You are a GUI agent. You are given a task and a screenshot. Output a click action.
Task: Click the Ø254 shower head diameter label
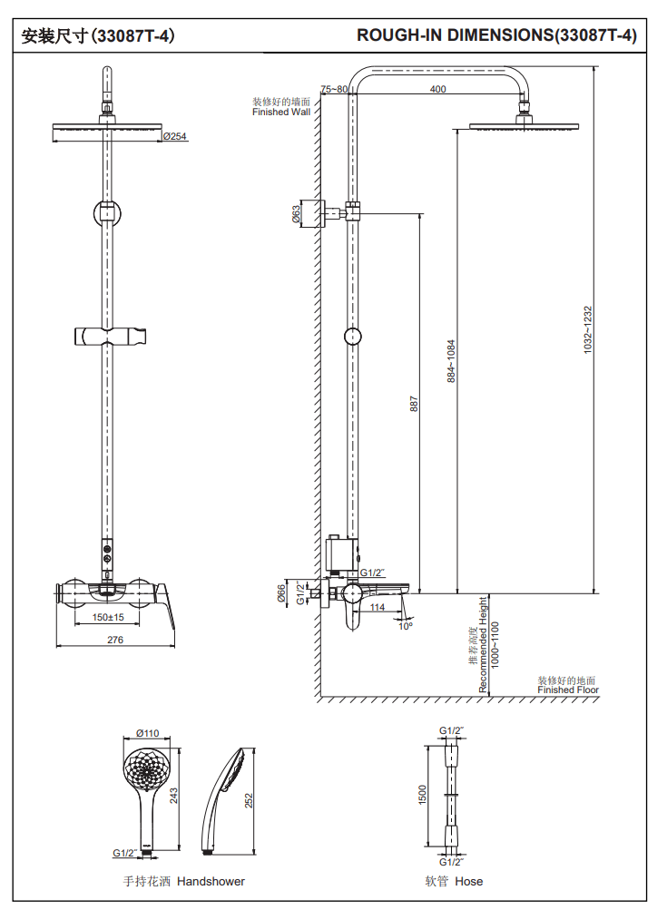(174, 137)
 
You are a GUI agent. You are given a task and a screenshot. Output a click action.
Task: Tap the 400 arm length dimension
(437, 89)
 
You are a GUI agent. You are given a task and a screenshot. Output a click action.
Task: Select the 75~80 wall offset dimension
(334, 89)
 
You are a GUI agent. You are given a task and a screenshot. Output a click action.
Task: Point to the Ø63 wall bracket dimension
(297, 214)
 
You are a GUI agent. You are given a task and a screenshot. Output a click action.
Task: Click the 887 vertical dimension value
(414, 404)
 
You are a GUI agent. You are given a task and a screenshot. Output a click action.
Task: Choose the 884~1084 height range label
(451, 362)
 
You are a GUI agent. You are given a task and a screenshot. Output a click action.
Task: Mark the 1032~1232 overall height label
(587, 328)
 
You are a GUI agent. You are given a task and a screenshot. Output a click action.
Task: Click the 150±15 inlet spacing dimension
(108, 617)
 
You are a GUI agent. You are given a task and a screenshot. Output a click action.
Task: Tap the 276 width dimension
(115, 640)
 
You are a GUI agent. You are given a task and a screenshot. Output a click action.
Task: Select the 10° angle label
(405, 625)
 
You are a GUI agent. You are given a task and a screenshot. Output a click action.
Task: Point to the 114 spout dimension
(378, 607)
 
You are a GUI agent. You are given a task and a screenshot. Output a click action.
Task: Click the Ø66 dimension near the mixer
(282, 593)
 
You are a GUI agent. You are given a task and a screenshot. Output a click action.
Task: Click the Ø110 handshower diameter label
(147, 733)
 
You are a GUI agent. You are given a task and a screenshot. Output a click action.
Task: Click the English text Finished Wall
(280, 113)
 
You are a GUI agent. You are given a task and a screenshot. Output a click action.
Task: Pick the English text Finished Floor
(568, 690)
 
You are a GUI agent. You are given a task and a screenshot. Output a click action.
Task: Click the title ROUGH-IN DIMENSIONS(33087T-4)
(496, 36)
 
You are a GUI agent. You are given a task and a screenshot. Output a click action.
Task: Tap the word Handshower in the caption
(211, 881)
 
